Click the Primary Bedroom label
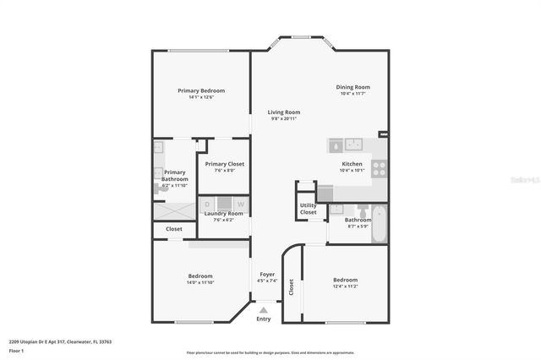(x=201, y=90)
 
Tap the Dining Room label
(x=353, y=87)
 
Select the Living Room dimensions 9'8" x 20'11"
(x=284, y=119)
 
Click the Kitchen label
(x=352, y=164)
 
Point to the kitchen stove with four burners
(x=379, y=168)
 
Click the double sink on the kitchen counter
(x=351, y=143)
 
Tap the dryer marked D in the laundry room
(x=208, y=204)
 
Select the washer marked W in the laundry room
(x=240, y=204)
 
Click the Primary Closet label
(x=225, y=164)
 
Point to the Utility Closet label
(x=308, y=209)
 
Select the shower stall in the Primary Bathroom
(x=174, y=207)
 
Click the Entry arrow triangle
(x=264, y=310)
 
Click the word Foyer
(x=267, y=275)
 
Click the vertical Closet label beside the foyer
(x=292, y=288)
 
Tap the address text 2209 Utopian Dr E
(x=42, y=341)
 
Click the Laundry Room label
(x=223, y=214)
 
